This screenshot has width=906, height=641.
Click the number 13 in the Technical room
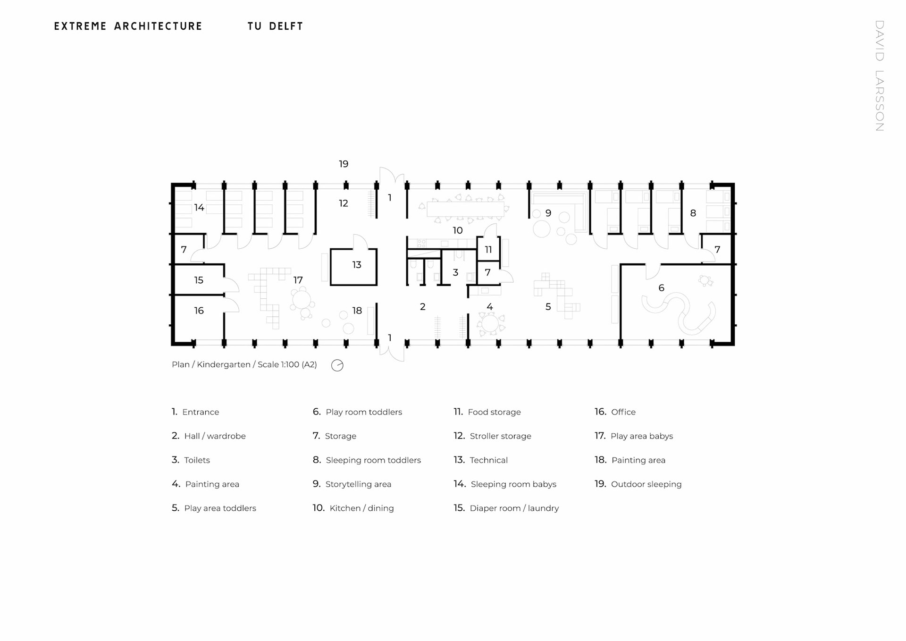click(x=357, y=265)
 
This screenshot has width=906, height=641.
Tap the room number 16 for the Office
click(x=199, y=311)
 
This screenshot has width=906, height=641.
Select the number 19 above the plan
click(x=344, y=164)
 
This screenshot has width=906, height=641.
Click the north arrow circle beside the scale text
click(x=337, y=365)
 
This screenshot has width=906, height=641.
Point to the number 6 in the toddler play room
click(x=661, y=288)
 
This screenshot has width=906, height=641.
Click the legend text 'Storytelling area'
click(x=358, y=484)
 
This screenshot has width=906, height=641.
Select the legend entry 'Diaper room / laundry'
click(x=514, y=508)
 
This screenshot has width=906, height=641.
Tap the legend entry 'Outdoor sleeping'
click(x=646, y=484)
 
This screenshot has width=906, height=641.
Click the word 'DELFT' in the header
click(x=286, y=26)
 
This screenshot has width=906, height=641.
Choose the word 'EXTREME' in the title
click(x=81, y=26)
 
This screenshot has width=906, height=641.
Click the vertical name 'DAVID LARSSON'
click(x=879, y=76)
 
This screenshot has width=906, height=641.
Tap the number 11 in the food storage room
click(x=488, y=250)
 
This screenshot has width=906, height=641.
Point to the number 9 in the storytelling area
click(x=548, y=213)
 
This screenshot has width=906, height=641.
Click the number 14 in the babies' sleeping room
click(x=199, y=208)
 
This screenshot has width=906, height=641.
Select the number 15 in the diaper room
click(x=199, y=280)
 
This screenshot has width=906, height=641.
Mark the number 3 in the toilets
click(x=455, y=272)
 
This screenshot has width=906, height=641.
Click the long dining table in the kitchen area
click(x=465, y=209)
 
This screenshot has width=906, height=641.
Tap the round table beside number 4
click(x=490, y=323)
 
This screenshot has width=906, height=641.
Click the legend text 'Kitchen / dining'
click(x=361, y=508)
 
